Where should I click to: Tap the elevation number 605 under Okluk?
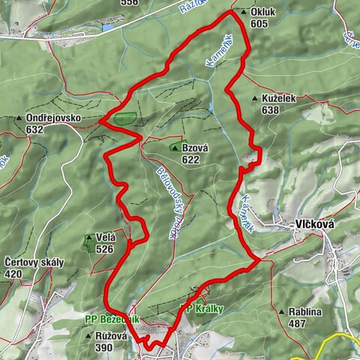(x=259, y=24)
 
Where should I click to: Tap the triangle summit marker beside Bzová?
(x=175, y=148)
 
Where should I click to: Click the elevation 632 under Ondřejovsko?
(x=34, y=130)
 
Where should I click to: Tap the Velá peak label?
(x=105, y=238)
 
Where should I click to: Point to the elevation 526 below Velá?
(x=104, y=249)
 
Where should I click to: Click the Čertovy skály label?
(x=34, y=262)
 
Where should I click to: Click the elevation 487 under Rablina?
(x=298, y=323)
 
